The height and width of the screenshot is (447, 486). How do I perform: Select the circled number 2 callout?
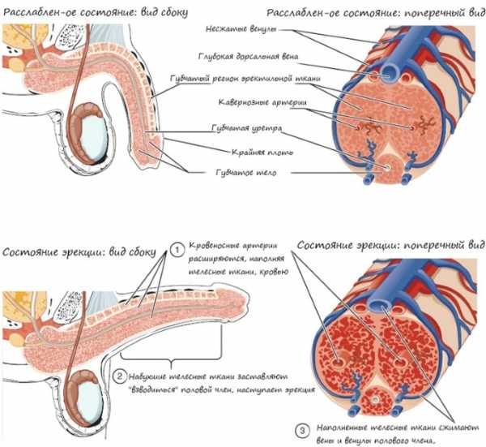[119, 375]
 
